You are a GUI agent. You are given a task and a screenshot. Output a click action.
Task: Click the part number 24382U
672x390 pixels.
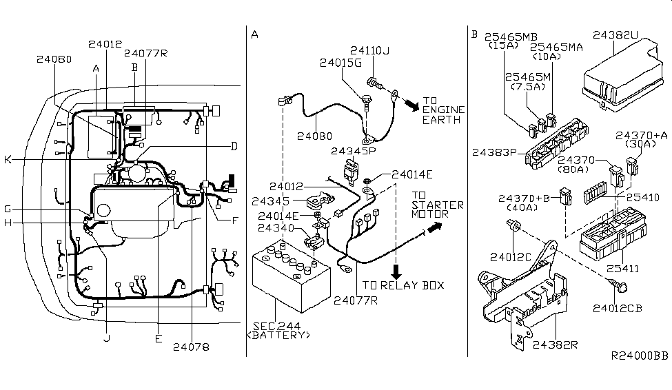(x=615, y=34)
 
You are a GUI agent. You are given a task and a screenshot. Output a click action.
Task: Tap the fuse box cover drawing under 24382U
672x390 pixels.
(x=620, y=76)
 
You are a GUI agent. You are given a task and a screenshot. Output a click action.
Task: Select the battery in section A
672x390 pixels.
(x=291, y=276)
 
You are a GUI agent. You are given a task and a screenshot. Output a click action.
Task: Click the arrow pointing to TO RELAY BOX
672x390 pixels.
(x=396, y=271)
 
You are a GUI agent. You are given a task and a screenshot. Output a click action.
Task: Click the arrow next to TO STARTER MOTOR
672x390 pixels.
(x=434, y=227)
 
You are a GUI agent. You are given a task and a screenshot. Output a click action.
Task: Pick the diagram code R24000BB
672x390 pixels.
(x=640, y=356)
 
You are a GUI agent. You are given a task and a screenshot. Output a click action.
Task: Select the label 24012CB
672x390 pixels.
(x=617, y=308)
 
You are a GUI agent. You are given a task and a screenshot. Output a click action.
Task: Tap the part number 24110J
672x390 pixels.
(x=370, y=50)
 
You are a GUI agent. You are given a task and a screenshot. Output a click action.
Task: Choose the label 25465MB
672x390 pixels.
(x=511, y=37)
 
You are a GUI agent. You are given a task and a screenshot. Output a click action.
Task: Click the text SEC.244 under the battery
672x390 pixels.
(x=277, y=326)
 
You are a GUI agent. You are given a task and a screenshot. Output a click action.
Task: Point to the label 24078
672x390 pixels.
(x=191, y=347)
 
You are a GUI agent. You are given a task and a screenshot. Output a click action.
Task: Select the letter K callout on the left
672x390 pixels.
(x=8, y=160)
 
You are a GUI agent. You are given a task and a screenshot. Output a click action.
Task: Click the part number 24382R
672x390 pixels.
(x=555, y=345)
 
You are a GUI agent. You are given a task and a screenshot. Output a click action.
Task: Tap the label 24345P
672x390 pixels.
(x=353, y=151)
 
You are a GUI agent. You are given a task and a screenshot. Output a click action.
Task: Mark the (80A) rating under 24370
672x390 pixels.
(x=574, y=170)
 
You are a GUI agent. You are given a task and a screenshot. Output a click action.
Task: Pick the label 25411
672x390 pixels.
(x=622, y=269)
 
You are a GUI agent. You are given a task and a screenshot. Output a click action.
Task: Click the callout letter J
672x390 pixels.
(x=107, y=338)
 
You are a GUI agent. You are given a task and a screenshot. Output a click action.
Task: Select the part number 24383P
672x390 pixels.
(x=493, y=152)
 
